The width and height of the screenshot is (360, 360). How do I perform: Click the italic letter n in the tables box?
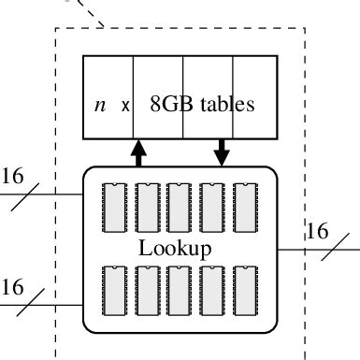click(100, 105)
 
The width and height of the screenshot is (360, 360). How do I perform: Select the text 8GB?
click(169, 104)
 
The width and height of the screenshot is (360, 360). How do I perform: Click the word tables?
click(225, 104)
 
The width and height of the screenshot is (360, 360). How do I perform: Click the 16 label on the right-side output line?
click(318, 230)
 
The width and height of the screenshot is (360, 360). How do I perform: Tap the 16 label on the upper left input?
click(12, 176)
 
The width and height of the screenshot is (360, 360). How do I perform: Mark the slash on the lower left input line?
click(33, 305)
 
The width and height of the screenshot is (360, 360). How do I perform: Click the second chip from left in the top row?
click(149, 207)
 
